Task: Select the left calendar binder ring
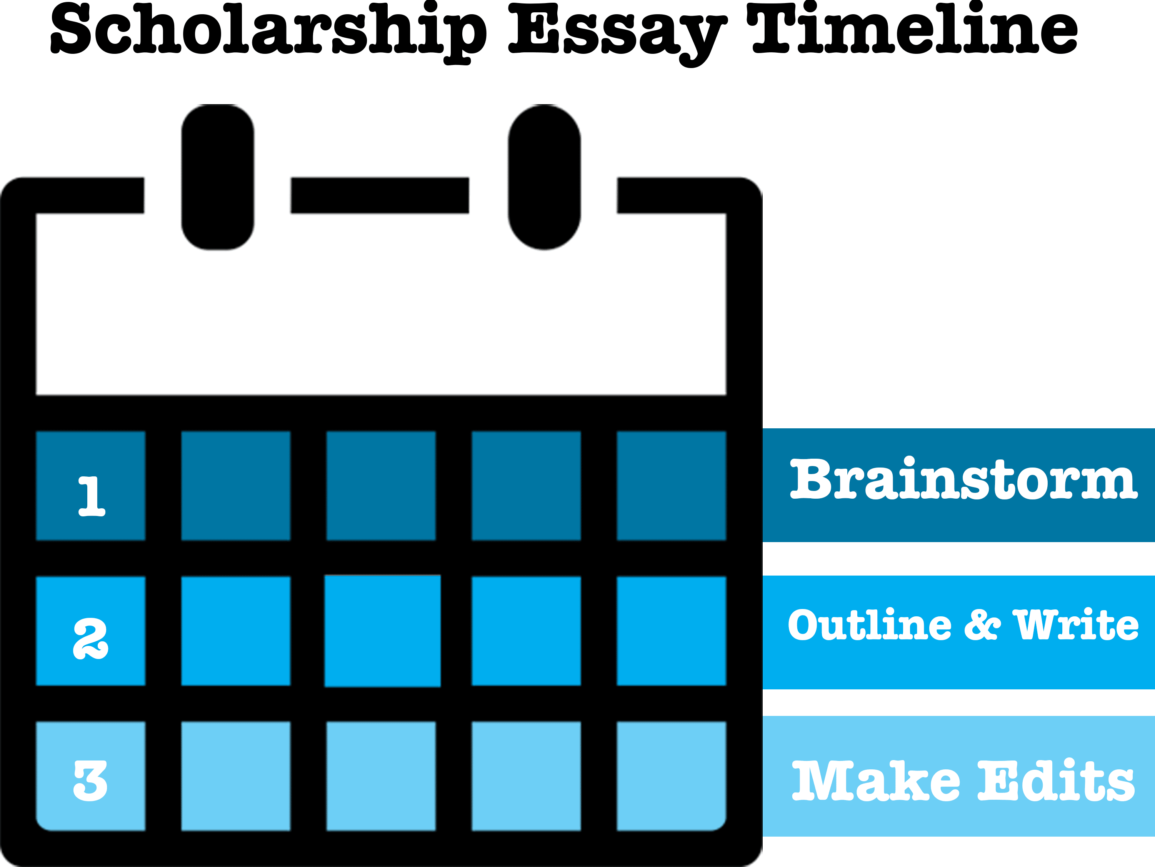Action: click(218, 178)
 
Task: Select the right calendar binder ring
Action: click(544, 178)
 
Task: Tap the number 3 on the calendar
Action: click(90, 781)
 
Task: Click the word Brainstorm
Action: click(963, 479)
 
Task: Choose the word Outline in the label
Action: click(869, 625)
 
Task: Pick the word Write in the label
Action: click(1076, 625)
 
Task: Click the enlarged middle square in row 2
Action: click(382, 631)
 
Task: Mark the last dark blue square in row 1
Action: click(671, 486)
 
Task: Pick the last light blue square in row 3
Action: click(671, 775)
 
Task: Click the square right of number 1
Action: click(235, 486)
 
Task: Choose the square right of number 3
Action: click(235, 775)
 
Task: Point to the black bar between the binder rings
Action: click(380, 195)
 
